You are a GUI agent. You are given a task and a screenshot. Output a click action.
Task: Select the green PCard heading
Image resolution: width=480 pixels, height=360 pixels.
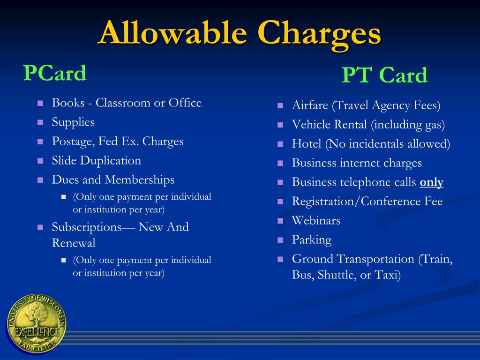click(55, 73)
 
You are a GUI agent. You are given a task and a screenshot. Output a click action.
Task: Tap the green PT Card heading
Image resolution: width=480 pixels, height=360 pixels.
click(384, 75)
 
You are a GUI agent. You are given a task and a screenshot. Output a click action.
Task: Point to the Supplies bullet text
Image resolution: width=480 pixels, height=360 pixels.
click(73, 122)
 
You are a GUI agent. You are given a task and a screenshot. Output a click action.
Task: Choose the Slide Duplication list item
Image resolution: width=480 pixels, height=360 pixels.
click(96, 161)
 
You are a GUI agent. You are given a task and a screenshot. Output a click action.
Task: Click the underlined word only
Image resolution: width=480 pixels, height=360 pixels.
click(432, 182)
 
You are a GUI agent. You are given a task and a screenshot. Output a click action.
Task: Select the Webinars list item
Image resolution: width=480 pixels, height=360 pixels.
click(316, 221)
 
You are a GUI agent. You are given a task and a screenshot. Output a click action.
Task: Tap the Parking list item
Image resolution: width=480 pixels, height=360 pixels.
click(312, 240)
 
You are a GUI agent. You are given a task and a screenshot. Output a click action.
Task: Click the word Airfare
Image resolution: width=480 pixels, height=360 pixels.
click(310, 105)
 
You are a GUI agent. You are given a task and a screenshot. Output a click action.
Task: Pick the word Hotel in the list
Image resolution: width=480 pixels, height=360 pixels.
click(307, 144)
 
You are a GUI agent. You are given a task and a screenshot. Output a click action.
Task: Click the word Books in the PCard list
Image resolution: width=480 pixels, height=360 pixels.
click(68, 103)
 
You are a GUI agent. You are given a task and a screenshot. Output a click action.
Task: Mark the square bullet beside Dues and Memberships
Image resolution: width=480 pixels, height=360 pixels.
click(40, 180)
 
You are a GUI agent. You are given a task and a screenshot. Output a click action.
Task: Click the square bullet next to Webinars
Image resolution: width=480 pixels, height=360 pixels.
click(280, 221)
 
